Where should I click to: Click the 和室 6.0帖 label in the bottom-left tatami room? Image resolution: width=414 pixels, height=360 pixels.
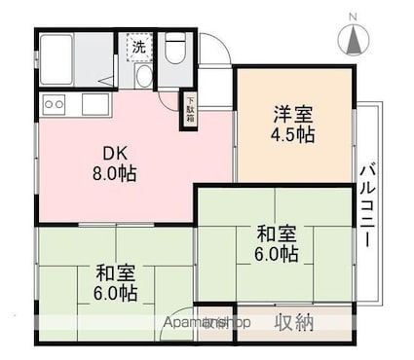[115, 280]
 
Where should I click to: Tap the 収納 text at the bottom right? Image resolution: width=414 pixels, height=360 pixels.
[293, 322]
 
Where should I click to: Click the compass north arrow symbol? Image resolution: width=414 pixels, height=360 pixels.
[353, 40]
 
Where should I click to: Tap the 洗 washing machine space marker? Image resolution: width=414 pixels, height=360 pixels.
[138, 46]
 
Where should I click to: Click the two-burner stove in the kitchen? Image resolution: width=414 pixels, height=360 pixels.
[54, 103]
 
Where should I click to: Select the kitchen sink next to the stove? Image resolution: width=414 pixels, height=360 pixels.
[95, 103]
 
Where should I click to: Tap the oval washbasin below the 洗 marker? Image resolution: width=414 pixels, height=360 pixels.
[143, 76]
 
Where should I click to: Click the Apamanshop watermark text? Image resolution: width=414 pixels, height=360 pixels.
[208, 322]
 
